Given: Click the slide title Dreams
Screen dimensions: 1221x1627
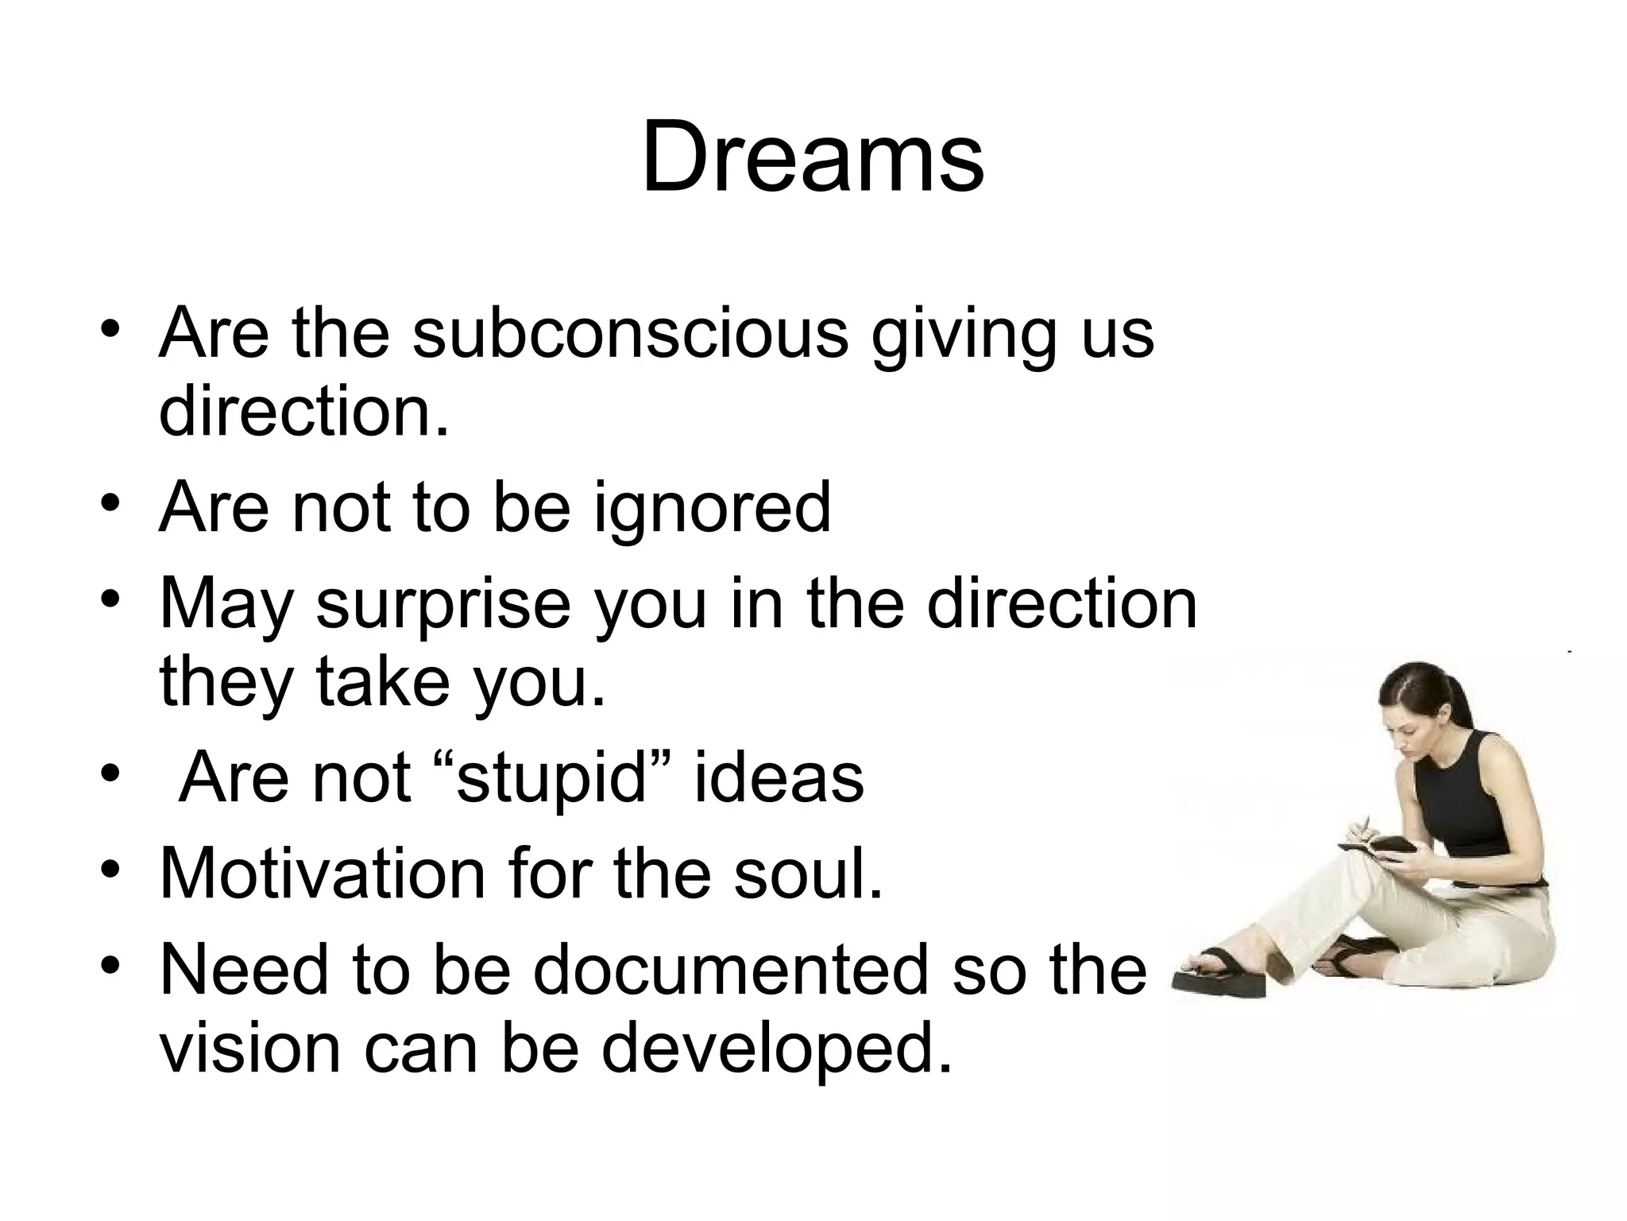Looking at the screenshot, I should [x=813, y=157].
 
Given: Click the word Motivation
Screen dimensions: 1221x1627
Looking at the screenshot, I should [x=323, y=874].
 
